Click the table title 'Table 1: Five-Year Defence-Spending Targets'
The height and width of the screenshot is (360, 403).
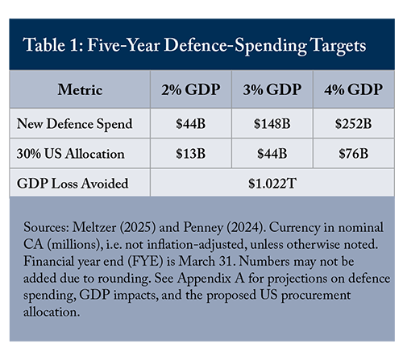click(194, 45)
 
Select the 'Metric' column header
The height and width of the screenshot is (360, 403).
click(80, 89)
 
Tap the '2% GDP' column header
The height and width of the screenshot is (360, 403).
click(191, 89)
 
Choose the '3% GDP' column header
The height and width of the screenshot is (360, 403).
click(272, 89)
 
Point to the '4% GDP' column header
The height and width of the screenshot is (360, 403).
click(353, 89)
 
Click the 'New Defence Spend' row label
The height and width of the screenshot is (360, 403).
click(75, 124)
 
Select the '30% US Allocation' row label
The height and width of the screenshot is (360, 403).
click(71, 154)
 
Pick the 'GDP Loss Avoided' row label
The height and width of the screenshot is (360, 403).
click(73, 184)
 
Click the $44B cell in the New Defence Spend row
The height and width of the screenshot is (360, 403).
click(191, 124)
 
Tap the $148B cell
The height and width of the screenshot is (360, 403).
click(272, 124)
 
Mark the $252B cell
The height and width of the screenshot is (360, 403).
click(353, 124)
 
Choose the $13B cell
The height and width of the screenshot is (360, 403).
click(191, 154)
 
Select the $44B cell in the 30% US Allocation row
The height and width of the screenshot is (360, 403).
click(272, 154)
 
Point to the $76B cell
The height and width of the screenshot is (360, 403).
click(353, 154)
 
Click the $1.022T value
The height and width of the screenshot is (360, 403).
click(272, 184)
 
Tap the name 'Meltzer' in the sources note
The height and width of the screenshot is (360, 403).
click(94, 227)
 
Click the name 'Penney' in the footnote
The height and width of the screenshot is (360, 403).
click(203, 228)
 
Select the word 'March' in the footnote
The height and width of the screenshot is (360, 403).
click(197, 261)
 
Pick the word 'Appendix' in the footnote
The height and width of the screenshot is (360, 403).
click(204, 279)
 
